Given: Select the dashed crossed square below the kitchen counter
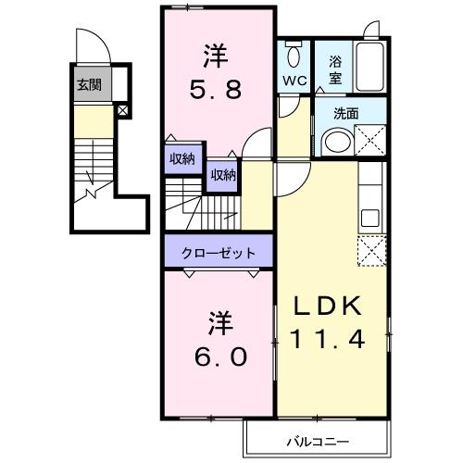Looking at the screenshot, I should click(x=369, y=251).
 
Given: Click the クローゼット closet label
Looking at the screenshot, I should click(x=219, y=252).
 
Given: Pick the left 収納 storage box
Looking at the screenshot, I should click(x=182, y=159).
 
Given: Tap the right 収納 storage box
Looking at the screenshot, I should click(x=223, y=174).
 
